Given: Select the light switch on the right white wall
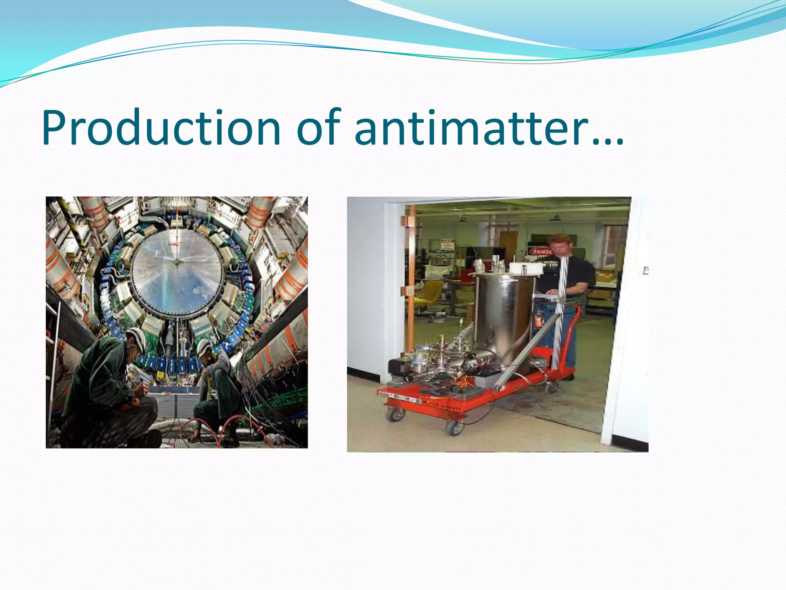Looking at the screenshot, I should pos(646,271).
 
